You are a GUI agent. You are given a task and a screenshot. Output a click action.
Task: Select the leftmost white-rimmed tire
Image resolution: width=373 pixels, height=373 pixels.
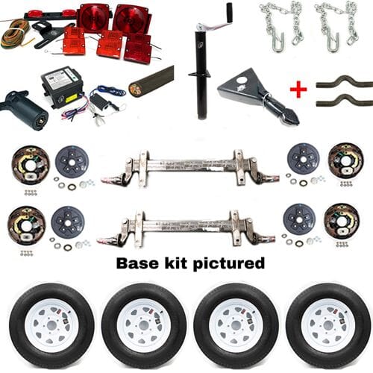point(51,325)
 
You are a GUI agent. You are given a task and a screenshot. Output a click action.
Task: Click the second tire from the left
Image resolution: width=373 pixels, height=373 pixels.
point(144,325)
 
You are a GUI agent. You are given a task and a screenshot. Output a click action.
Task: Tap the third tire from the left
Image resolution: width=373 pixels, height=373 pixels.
point(236,325)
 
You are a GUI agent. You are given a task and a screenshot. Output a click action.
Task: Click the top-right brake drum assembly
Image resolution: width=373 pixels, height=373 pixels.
point(345,160)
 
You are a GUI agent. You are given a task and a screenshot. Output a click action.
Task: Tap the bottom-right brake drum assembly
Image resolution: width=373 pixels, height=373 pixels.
point(345,222)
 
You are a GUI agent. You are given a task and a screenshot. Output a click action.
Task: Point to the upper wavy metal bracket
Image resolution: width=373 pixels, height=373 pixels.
point(341,81)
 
